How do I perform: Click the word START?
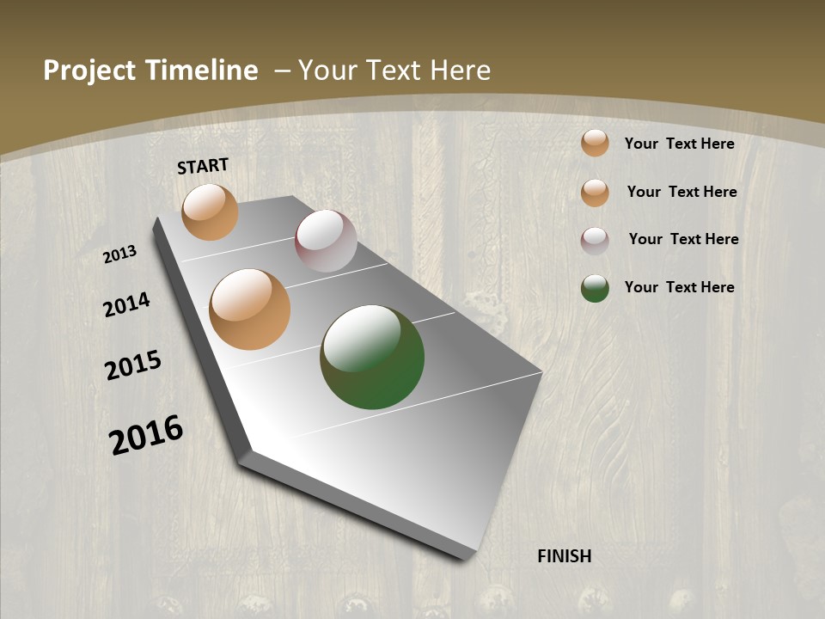[203, 166]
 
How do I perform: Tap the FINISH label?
[564, 556]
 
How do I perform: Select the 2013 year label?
[120, 254]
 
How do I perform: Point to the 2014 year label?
[126, 305]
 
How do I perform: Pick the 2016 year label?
[146, 435]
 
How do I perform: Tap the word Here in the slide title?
[461, 70]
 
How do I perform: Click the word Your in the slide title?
[327, 70]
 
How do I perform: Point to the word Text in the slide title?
[393, 70]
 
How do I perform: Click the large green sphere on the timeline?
[372, 358]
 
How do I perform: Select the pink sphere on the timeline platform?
[326, 241]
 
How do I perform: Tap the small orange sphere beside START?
[210, 211]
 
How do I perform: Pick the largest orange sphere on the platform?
[250, 309]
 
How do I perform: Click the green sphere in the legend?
[595, 288]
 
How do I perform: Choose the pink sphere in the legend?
[595, 241]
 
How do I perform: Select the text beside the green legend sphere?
[679, 287]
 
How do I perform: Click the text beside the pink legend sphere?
[683, 239]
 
